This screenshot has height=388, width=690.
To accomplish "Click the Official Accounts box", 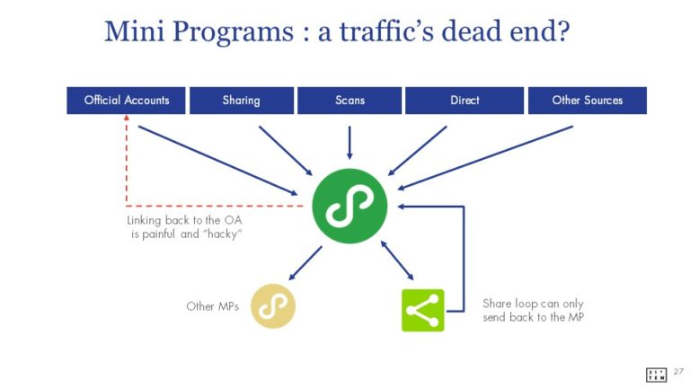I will [127, 101].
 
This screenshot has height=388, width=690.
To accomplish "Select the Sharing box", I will [241, 101].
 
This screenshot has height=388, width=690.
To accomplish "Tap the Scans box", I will [349, 101].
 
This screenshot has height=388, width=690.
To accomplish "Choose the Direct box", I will [464, 101].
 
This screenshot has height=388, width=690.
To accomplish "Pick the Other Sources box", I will [587, 101].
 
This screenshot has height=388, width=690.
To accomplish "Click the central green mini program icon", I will [349, 206].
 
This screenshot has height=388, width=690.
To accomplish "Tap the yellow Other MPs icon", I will [272, 306].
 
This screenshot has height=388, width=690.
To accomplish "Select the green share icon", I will [422, 310].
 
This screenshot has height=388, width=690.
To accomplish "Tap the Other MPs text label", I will [213, 306].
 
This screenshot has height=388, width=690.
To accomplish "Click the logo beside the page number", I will [656, 374].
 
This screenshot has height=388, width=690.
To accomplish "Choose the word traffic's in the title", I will [391, 31].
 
